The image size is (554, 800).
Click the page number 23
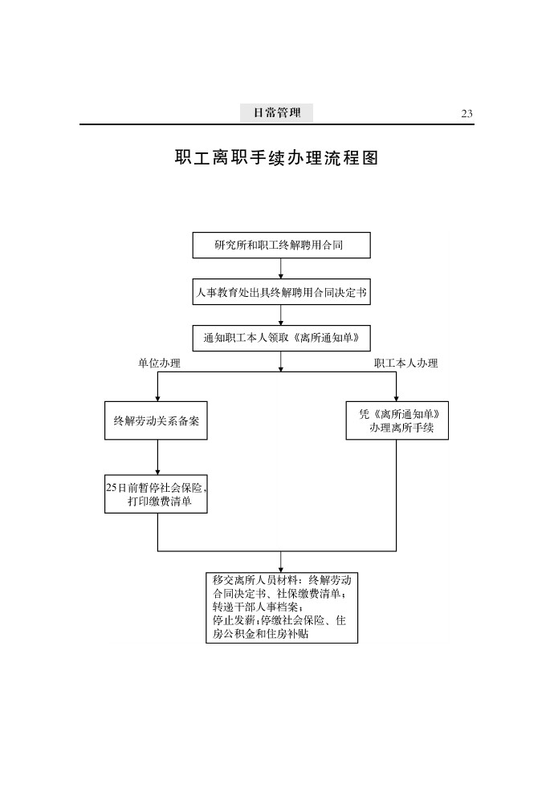coord(466,114)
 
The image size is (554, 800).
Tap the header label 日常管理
coord(277,113)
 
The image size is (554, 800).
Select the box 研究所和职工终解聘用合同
coord(281,246)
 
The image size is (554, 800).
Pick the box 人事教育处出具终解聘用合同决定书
coord(281,293)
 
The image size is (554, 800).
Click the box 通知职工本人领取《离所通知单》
coord(281,338)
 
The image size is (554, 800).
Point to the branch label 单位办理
coord(159,363)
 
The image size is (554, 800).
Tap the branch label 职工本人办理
coord(406,363)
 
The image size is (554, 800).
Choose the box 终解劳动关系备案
coord(157,420)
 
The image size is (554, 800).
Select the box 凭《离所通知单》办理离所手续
coord(397,420)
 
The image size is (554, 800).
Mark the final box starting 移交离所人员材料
coord(281,607)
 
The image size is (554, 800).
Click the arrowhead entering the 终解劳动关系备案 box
coord(157,397)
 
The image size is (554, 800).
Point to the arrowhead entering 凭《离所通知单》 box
coord(397,397)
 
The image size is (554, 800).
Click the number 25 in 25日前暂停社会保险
coord(112,487)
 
